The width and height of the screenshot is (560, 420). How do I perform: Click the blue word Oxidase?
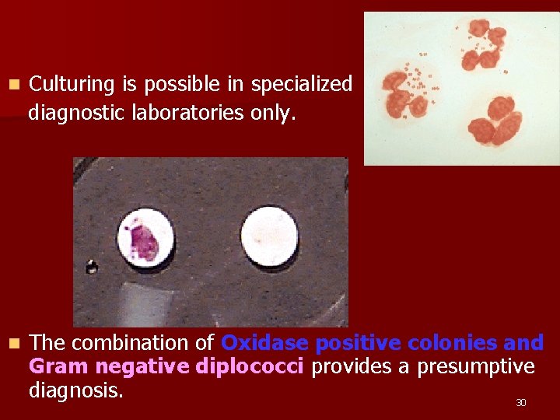[x=265, y=343]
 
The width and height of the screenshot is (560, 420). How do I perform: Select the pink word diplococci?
[x=250, y=366]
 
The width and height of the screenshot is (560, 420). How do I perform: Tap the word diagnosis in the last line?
[x=75, y=390]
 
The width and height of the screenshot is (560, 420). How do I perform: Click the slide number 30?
[x=521, y=403]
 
